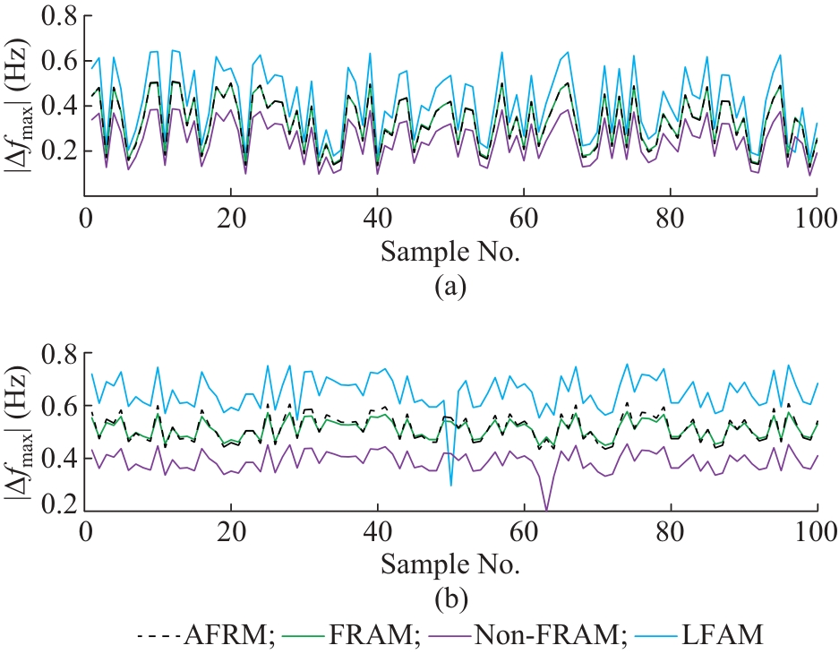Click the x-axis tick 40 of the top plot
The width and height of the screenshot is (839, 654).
pos(378,218)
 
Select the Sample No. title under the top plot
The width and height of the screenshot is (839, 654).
pos(450,252)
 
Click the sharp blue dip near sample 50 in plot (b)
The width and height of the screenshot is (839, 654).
pos(450,485)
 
